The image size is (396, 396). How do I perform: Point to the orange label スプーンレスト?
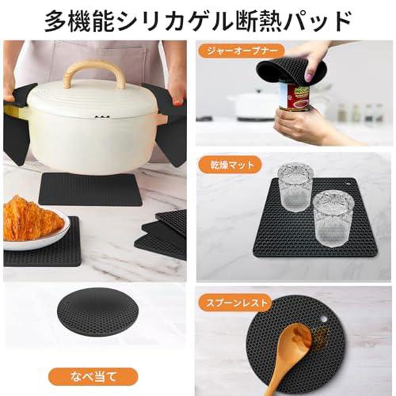234,304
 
